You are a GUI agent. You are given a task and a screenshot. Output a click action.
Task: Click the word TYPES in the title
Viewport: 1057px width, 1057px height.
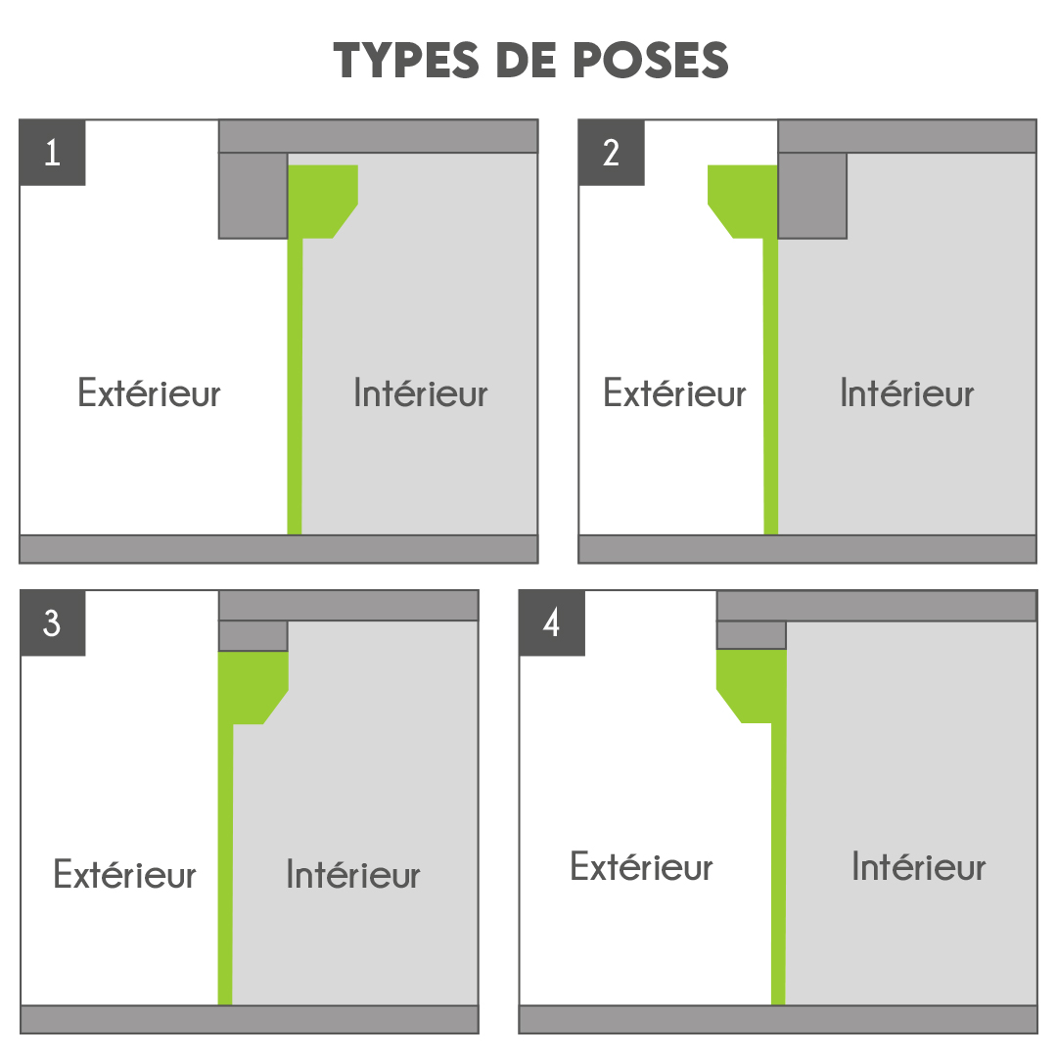click(x=406, y=60)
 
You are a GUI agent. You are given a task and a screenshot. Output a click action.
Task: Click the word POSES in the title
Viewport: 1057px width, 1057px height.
click(x=651, y=60)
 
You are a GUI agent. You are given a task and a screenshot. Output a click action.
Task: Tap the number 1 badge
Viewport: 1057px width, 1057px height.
click(x=53, y=153)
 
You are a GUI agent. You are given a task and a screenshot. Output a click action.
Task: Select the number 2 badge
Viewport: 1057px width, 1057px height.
click(x=612, y=153)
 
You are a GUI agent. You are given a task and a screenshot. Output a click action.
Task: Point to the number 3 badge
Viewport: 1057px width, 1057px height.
click(x=53, y=622)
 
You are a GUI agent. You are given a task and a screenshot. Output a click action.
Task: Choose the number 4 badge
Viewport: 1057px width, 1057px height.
click(x=552, y=622)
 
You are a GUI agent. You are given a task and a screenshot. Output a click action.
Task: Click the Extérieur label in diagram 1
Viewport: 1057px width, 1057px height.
click(x=149, y=393)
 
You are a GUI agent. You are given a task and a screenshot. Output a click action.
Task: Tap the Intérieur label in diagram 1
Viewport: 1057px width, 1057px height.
click(x=421, y=393)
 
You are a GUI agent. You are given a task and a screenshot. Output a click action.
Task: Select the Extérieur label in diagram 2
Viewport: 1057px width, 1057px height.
click(x=674, y=393)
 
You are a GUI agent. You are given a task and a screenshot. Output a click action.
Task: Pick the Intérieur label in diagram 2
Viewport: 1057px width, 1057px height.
click(x=906, y=393)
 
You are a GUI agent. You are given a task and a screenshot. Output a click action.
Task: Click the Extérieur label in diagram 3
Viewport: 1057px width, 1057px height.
click(x=124, y=874)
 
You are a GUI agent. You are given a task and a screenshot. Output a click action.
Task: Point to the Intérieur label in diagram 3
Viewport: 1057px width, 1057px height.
click(x=353, y=874)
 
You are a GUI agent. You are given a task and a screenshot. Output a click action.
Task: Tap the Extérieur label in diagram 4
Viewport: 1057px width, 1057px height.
click(x=641, y=866)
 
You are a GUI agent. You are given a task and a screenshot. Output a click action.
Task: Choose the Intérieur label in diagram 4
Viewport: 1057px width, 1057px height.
click(x=919, y=866)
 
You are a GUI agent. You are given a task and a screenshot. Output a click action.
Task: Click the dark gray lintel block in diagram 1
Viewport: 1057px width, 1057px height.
click(x=253, y=196)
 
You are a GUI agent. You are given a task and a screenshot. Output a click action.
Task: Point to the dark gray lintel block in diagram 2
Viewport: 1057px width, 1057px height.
click(x=812, y=196)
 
